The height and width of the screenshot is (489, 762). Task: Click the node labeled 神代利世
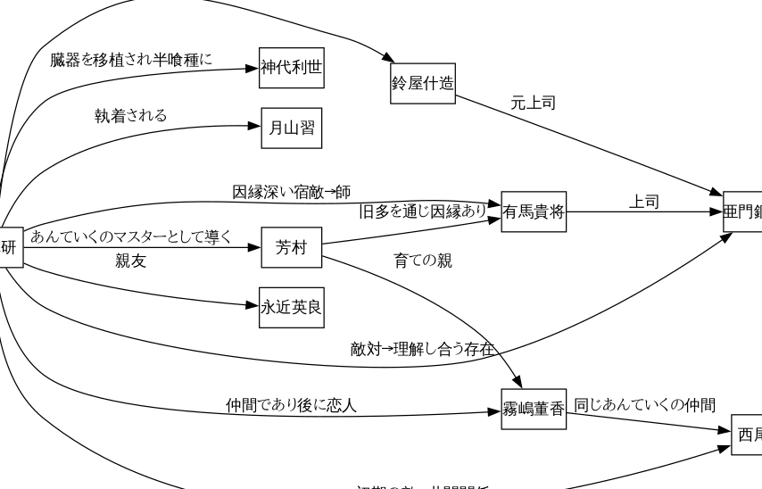pyautogui.click(x=291, y=68)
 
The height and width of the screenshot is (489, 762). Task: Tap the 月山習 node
pyautogui.click(x=291, y=129)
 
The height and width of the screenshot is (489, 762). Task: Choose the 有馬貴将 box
pyautogui.click(x=534, y=211)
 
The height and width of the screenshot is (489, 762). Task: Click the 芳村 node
pyautogui.click(x=291, y=248)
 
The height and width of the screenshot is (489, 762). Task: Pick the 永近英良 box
pyautogui.click(x=291, y=308)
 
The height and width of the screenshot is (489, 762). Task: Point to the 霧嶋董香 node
pyautogui.click(x=534, y=409)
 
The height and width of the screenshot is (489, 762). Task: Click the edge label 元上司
pyautogui.click(x=533, y=104)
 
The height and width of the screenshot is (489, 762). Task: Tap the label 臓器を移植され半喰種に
pyautogui.click(x=131, y=60)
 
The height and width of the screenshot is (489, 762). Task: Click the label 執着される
pyautogui.click(x=131, y=115)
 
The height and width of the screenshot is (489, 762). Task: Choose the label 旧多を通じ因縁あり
pyautogui.click(x=422, y=211)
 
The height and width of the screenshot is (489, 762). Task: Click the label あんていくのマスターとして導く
pyautogui.click(x=131, y=237)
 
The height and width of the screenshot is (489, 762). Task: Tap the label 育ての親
pyautogui.click(x=423, y=261)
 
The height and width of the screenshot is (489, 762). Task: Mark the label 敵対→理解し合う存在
pyautogui.click(x=422, y=348)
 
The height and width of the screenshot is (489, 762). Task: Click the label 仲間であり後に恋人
pyautogui.click(x=291, y=405)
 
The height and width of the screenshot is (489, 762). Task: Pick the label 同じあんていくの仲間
pyautogui.click(x=644, y=404)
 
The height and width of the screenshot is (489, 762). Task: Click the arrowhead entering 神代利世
pyautogui.click(x=252, y=67)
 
